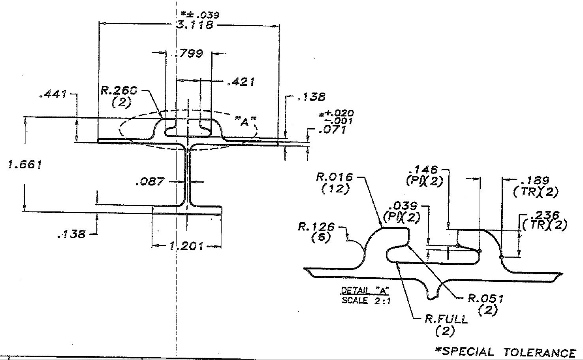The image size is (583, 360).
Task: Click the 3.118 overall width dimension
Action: coord(195,25)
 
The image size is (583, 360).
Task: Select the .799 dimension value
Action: coord(189,54)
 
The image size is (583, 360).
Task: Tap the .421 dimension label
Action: coord(241,82)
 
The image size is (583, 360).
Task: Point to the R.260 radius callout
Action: coord(119,90)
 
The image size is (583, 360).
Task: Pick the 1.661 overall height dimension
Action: coord(25,164)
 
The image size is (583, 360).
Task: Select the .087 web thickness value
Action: coord(150,181)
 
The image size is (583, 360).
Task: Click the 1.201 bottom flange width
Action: coord(186,246)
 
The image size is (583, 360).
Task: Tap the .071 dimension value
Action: coord(333,129)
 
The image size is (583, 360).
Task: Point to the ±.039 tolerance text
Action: coord(200,15)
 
